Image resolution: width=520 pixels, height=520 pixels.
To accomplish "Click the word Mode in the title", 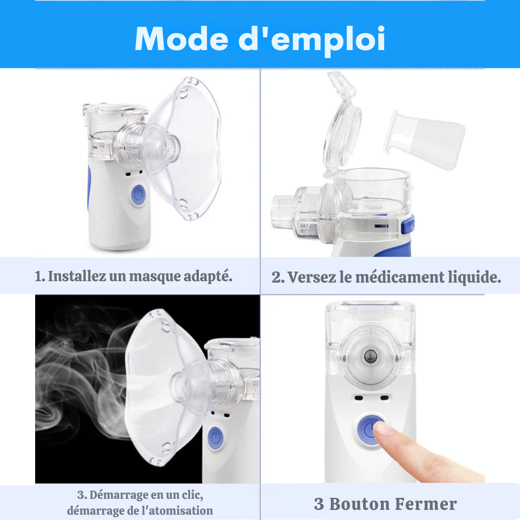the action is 182,39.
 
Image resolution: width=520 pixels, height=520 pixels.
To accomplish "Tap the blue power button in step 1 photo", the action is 138,195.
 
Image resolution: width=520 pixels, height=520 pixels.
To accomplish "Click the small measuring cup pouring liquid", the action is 425,140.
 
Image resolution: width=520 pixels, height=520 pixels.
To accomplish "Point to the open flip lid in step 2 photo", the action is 341,123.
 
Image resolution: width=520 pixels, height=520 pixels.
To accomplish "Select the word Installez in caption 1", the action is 77,276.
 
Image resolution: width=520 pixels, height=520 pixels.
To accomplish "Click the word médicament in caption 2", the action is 400,277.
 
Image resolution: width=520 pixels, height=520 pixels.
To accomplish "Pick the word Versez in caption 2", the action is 312,277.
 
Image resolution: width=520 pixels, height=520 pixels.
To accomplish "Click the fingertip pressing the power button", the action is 381,429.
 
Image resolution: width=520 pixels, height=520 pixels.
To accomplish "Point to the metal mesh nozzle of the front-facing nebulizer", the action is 369,356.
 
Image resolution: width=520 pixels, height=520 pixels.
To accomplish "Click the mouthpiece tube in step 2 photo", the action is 282,212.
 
